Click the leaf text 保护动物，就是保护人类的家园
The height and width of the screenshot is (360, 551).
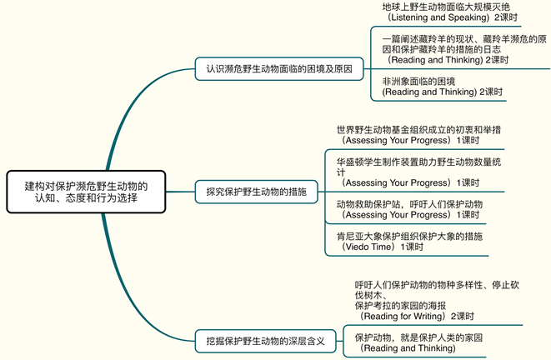[418, 337]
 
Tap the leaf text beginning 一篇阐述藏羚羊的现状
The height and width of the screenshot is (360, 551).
[463, 39]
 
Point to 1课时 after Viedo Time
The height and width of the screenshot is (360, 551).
[413, 247]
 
